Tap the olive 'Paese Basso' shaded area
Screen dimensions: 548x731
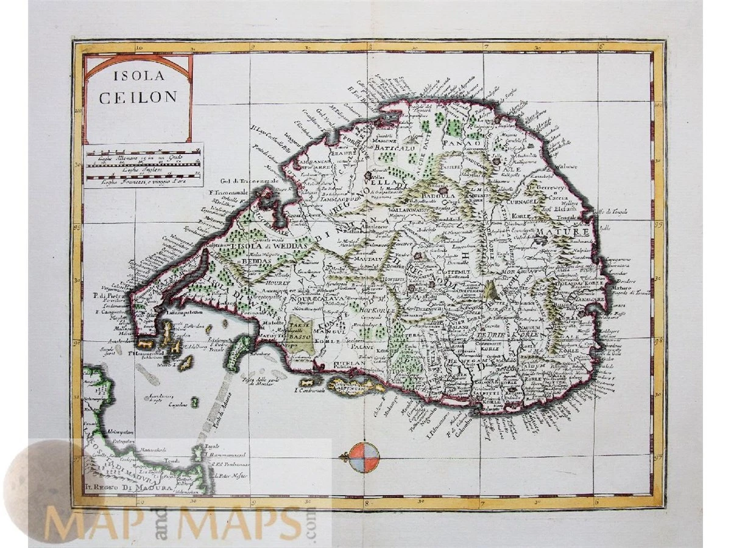[300, 333]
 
